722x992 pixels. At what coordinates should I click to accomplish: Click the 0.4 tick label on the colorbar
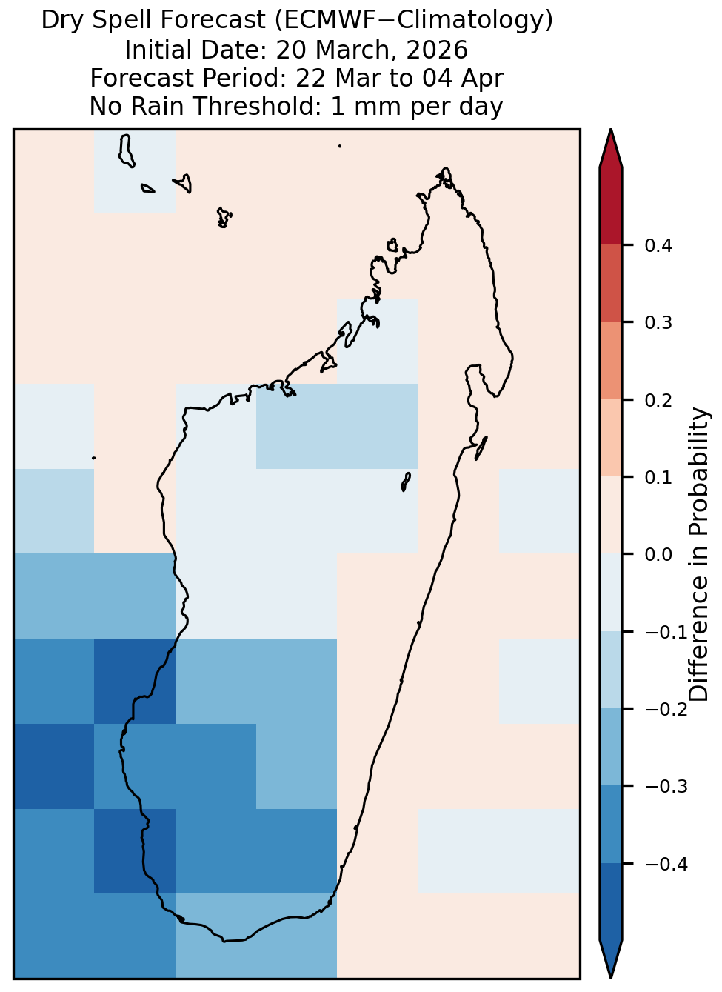click(x=658, y=245)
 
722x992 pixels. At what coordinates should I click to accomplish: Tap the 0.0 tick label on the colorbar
click(x=658, y=554)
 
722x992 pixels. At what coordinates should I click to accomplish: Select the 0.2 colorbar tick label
click(x=658, y=400)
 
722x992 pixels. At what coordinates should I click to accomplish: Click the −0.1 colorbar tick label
click(x=666, y=632)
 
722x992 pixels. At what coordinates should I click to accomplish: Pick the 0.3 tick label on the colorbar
click(x=658, y=323)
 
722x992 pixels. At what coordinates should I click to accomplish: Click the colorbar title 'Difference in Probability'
click(x=699, y=554)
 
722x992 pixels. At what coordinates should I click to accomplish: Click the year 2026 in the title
click(x=436, y=50)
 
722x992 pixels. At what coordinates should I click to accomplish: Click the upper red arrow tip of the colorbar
click(x=610, y=130)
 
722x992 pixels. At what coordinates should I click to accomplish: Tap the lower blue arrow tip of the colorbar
click(x=610, y=977)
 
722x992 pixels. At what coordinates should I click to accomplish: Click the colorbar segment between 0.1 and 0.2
click(x=610, y=439)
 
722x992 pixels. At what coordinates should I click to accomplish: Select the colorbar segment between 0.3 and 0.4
click(x=610, y=284)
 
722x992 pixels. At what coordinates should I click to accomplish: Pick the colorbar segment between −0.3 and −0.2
click(x=610, y=748)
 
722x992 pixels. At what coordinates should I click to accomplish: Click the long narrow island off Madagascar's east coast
click(x=481, y=448)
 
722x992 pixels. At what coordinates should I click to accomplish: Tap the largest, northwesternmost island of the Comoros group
click(x=126, y=151)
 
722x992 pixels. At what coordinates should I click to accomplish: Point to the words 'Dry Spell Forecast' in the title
click(x=153, y=20)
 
